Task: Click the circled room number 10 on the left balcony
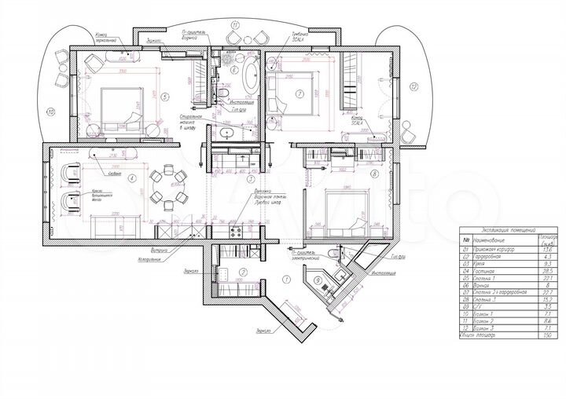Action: click(x=51, y=112)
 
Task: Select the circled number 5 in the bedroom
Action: click(x=164, y=97)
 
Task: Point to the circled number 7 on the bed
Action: click(x=299, y=93)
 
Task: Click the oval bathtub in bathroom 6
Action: click(x=250, y=77)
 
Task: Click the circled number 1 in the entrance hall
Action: click(x=286, y=279)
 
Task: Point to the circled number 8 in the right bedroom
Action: click(x=374, y=173)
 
